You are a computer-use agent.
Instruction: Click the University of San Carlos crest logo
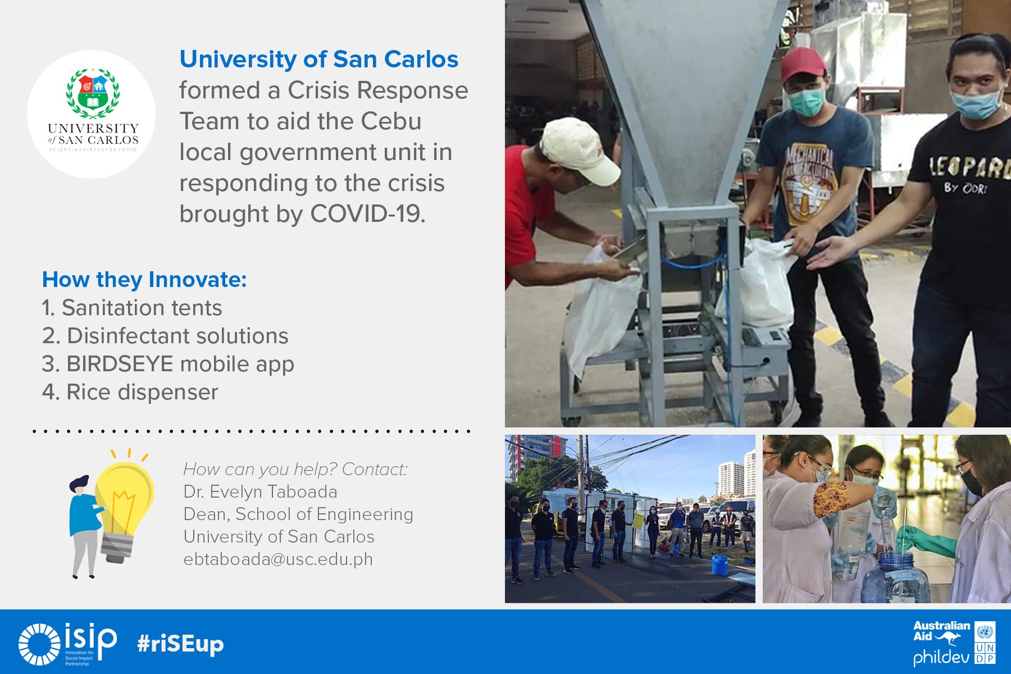(x=93, y=93)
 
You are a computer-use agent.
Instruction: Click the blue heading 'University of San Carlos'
(x=318, y=60)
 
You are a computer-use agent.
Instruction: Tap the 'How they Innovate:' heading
(x=144, y=280)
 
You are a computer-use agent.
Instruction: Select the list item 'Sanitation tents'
(x=142, y=308)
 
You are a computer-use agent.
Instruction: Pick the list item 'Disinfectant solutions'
(x=177, y=336)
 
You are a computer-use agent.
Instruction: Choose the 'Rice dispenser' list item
(x=142, y=392)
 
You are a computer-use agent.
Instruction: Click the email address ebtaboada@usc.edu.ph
(x=278, y=559)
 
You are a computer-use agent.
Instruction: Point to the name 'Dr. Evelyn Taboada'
(x=260, y=492)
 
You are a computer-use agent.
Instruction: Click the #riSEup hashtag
(x=180, y=644)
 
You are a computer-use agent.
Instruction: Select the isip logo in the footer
(x=67, y=644)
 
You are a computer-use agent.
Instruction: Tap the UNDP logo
(x=985, y=643)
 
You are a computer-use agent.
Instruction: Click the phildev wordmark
(x=941, y=657)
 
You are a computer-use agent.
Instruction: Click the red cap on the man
(x=803, y=63)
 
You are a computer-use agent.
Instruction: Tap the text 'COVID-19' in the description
(x=367, y=214)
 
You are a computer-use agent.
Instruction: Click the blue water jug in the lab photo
(x=893, y=579)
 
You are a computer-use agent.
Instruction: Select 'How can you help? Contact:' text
(x=295, y=469)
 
